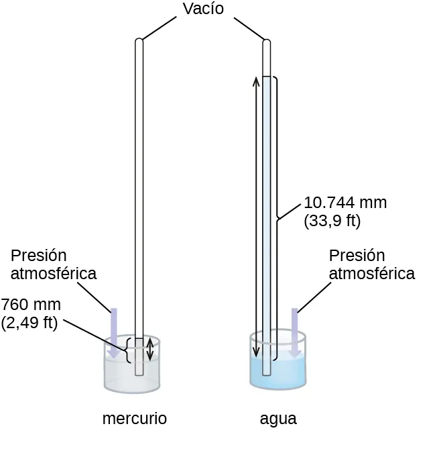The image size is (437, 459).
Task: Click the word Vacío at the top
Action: (202, 9)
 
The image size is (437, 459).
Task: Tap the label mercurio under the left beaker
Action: (134, 419)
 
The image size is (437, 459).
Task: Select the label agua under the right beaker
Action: (278, 419)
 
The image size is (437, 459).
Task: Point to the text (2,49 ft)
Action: (29, 322)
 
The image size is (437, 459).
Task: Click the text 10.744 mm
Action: (345, 203)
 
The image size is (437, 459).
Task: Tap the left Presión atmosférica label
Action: (54, 264)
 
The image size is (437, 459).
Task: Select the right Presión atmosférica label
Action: (371, 264)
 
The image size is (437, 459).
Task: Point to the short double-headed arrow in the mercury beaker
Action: (150, 349)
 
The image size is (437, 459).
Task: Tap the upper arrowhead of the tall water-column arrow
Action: (255, 81)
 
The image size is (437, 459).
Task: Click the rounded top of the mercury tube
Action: (139, 42)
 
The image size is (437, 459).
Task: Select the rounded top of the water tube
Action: (266, 43)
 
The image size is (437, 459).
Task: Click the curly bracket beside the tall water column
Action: (277, 215)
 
